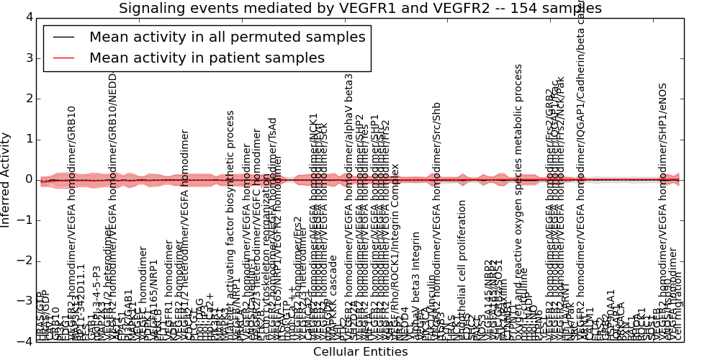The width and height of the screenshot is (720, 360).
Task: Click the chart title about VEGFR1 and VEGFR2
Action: (x=360, y=8)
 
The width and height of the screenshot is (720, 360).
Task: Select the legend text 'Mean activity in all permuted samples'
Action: (x=228, y=37)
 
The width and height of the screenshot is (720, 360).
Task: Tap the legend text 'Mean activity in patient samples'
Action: (x=207, y=58)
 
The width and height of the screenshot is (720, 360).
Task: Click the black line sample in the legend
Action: (x=63, y=37)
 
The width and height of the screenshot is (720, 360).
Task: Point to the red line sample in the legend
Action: (x=63, y=58)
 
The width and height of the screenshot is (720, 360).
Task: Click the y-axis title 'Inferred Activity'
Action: (x=6, y=179)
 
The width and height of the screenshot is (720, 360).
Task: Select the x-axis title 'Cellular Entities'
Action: (x=360, y=351)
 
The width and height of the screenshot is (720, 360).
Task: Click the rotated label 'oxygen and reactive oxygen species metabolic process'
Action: (x=518, y=202)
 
